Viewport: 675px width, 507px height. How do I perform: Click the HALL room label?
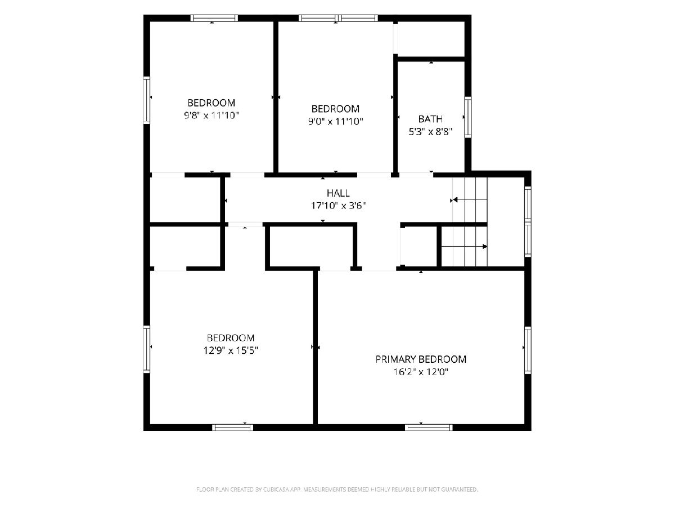pyautogui.click(x=338, y=193)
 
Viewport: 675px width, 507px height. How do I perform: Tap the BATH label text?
pyautogui.click(x=430, y=119)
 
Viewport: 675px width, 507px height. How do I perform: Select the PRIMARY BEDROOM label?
pyautogui.click(x=421, y=359)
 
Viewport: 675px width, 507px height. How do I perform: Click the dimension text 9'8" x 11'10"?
pyautogui.click(x=211, y=115)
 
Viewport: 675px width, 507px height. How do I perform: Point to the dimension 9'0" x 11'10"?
pyautogui.click(x=335, y=122)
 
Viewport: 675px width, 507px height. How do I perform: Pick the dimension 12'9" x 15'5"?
pyautogui.click(x=231, y=350)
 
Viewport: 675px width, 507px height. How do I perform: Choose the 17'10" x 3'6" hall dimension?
pyautogui.click(x=338, y=206)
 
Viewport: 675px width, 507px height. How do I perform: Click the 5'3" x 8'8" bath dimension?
pyautogui.click(x=430, y=132)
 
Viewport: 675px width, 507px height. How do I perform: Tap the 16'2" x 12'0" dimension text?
pyautogui.click(x=421, y=372)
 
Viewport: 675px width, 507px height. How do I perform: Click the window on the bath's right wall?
pyautogui.click(x=468, y=117)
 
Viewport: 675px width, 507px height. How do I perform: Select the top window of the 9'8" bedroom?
pyautogui.click(x=214, y=18)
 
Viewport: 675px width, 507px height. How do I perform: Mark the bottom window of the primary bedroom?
pyautogui.click(x=429, y=427)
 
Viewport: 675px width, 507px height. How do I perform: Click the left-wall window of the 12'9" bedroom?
pyautogui.click(x=147, y=349)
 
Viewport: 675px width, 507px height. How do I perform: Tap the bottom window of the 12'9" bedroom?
pyautogui.click(x=232, y=427)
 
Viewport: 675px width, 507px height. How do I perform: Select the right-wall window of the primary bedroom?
pyautogui.click(x=528, y=350)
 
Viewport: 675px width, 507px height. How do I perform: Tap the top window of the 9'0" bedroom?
pyautogui.click(x=338, y=18)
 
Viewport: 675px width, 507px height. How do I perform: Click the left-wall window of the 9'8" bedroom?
pyautogui.click(x=147, y=100)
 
